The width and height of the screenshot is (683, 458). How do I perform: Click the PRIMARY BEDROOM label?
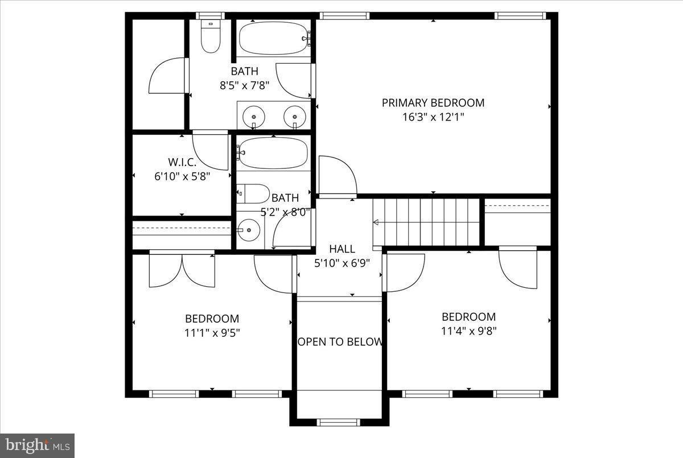point(433,103)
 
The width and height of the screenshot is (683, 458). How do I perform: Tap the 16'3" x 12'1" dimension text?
point(433,117)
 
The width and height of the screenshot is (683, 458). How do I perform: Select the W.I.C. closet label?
point(182,162)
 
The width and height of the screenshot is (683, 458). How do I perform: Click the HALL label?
point(342,249)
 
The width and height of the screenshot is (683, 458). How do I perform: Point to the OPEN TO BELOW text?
point(340,342)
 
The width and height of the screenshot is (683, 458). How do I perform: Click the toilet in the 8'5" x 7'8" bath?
point(211,37)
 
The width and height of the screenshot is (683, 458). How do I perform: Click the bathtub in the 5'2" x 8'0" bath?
point(273,153)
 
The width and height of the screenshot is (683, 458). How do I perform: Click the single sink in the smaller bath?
point(248,230)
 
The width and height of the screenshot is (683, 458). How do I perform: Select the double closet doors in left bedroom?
point(182,270)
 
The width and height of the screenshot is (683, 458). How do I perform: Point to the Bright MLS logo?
point(37,444)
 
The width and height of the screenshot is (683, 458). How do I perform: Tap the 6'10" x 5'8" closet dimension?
point(182,176)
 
